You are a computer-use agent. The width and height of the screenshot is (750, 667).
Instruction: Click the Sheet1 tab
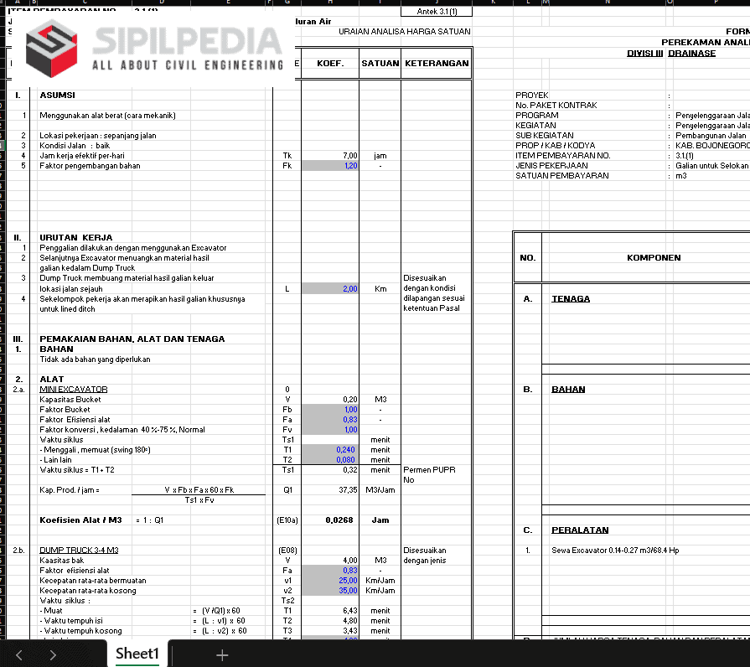coord(137,654)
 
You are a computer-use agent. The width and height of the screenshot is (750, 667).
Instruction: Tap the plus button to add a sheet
coord(222,654)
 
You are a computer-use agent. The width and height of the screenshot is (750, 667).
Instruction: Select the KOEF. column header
coord(330,64)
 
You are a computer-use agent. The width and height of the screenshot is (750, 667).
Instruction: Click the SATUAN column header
coord(380,64)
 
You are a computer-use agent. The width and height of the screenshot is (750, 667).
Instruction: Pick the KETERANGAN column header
coord(436,64)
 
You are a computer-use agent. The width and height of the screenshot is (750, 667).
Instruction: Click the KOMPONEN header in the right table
coord(654,258)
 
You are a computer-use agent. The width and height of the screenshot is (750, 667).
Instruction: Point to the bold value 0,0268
coord(339,520)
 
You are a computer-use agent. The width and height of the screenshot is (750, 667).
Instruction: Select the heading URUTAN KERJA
coord(75,238)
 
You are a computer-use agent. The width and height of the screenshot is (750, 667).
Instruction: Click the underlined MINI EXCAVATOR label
coord(74,390)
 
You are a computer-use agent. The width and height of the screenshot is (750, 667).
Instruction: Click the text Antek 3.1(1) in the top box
coord(443,12)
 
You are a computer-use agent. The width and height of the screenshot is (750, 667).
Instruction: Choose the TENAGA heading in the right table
coord(571,299)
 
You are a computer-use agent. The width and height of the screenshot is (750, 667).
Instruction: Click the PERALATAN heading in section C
coord(580,530)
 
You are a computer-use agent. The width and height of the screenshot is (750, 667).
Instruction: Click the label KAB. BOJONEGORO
coord(711,146)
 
